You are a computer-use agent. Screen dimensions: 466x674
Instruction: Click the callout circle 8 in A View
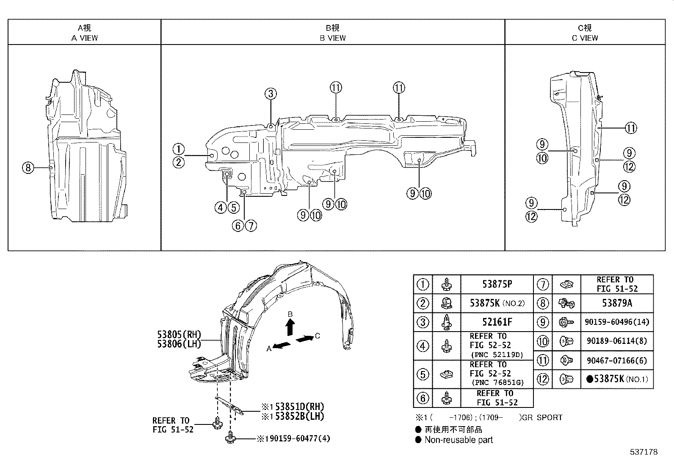tap(28, 168)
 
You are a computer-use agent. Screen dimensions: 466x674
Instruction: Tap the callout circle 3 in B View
tap(271, 94)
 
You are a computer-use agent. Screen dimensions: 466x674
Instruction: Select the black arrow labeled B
tap(290, 327)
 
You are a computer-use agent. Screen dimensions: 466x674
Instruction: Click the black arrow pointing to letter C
tap(305, 338)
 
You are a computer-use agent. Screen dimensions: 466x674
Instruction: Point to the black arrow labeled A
tap(282, 345)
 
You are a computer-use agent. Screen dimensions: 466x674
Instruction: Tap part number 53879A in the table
tap(617, 303)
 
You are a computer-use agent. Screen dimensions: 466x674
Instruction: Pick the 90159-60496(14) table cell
tap(617, 322)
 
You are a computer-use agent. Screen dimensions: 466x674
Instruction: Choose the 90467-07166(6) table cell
tap(617, 361)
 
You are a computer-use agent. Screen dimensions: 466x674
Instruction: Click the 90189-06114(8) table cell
tap(617, 341)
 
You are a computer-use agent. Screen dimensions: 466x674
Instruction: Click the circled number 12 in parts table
tap(543, 379)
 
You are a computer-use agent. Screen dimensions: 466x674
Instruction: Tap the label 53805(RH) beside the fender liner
tap(179, 334)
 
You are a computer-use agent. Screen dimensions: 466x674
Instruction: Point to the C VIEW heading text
tap(585, 38)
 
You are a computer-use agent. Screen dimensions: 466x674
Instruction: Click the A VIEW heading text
tap(84, 38)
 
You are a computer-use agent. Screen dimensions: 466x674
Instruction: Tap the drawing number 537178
tap(643, 452)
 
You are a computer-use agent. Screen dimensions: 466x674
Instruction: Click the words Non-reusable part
tap(459, 440)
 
